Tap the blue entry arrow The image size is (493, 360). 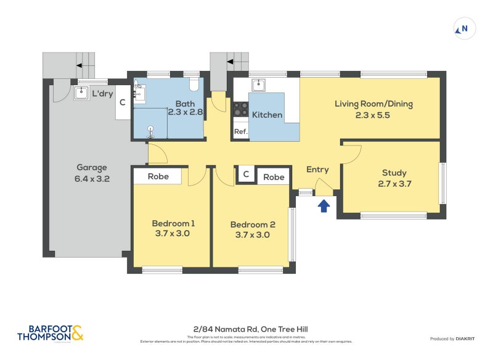coord(324,206)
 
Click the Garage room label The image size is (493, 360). coord(92,167)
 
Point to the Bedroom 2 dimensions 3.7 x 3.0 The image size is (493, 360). coord(252,235)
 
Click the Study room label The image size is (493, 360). coord(394,173)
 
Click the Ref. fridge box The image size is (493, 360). coord(240,132)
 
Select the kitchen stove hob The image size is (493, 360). coord(240,110)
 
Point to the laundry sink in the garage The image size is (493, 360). coord(81,92)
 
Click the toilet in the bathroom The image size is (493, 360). coord(195,84)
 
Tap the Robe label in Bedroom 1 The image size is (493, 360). coord(158,177)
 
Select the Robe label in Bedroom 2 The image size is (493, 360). coord(274,177)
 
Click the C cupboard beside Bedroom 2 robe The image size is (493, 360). coord(245,175)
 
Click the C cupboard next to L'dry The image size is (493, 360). coord(123,103)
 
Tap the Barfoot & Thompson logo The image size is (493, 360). coord(49,333)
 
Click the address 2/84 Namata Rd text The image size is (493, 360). coord(246,330)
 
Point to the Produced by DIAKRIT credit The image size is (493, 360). coord(455,338)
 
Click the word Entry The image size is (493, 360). coord(317,170)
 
